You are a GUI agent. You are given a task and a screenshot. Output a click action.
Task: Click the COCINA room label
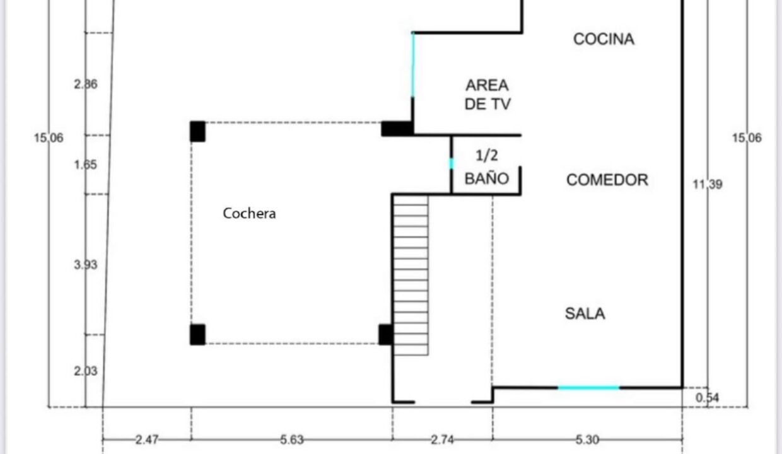click(604, 39)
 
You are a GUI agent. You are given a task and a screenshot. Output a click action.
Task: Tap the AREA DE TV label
click(487, 95)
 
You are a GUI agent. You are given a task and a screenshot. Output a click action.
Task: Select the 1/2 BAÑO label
click(487, 167)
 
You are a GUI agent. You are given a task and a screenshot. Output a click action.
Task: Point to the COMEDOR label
click(607, 180)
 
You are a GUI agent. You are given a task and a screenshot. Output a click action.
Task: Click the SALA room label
click(585, 313)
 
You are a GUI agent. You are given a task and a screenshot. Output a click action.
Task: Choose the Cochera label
click(249, 213)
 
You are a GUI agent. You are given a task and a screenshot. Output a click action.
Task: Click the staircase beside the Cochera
click(411, 275)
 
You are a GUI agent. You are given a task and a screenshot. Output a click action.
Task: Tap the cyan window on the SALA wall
click(588, 388)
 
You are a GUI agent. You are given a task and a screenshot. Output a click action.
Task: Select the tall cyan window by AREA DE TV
click(413, 65)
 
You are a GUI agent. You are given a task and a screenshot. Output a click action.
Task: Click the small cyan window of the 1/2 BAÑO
click(452, 164)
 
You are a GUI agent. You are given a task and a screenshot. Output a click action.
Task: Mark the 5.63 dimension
click(292, 439)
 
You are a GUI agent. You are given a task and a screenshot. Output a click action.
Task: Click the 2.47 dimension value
click(146, 439)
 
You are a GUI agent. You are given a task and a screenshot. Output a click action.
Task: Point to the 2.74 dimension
click(442, 439)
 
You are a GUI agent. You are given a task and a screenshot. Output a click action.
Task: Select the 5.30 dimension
click(587, 439)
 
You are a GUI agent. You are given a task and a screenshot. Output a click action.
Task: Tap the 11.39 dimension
click(708, 184)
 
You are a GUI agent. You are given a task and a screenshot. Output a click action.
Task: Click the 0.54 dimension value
click(708, 397)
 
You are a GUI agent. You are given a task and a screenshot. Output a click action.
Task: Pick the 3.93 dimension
click(86, 265)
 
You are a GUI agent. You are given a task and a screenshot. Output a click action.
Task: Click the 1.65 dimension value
click(86, 165)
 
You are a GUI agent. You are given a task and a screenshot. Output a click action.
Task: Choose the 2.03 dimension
click(86, 371)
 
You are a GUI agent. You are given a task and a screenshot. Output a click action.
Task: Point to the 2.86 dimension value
click(86, 84)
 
